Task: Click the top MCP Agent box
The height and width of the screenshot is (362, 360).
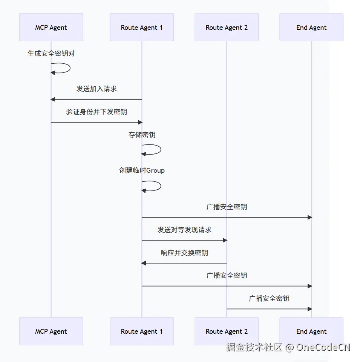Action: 51,28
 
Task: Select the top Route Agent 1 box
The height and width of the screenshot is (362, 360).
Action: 142,28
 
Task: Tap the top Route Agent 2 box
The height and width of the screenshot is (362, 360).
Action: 227,28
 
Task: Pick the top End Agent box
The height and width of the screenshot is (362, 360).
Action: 311,28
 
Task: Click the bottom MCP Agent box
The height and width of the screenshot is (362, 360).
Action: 51,331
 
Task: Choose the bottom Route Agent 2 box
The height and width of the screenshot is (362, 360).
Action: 227,331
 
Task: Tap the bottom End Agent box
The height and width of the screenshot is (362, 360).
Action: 311,331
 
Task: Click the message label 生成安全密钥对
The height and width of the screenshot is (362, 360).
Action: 51,54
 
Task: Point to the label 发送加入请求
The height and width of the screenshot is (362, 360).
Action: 97,89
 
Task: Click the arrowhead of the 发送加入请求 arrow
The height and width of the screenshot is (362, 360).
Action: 53,100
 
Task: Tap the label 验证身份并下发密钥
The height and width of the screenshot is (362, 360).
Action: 97,112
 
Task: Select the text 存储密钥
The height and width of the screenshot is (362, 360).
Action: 142,135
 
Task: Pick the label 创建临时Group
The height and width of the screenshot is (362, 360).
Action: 142,170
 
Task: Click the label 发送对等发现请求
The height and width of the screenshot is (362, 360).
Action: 184,230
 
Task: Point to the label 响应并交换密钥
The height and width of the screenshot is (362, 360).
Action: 184,253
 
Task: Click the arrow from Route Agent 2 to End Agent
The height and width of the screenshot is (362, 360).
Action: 269,309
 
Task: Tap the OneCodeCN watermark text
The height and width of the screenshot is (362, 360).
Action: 323,347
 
